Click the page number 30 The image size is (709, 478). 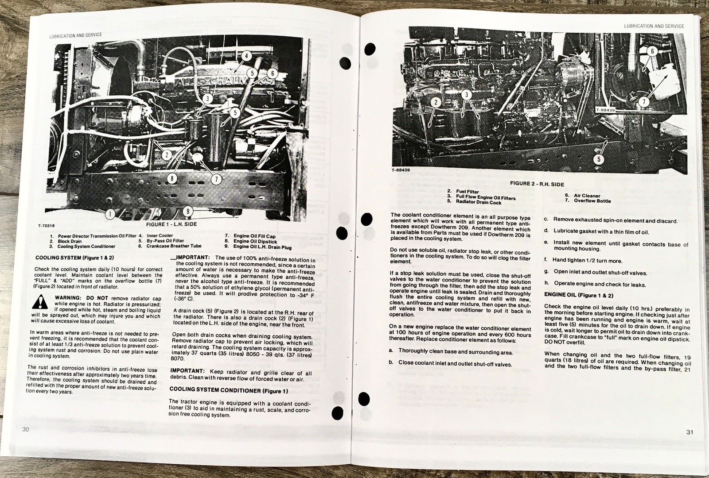click(x=26, y=429)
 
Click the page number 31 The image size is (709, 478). click(x=690, y=432)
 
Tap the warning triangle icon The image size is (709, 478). click(x=40, y=302)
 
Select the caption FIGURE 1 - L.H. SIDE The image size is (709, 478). click(x=171, y=224)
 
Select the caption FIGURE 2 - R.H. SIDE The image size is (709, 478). click(x=537, y=184)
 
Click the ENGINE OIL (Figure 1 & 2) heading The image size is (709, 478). click(x=579, y=295)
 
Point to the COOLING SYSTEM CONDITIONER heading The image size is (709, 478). click(x=229, y=390)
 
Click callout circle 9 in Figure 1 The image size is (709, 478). click(x=188, y=211)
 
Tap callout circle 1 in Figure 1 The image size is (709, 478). click(x=109, y=214)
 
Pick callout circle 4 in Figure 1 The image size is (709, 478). click(x=246, y=56)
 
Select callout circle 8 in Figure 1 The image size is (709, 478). click(x=172, y=179)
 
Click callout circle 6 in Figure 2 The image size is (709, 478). click(x=652, y=51)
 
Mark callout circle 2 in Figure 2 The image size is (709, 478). click(x=436, y=102)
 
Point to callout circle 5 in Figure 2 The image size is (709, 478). click(x=599, y=159)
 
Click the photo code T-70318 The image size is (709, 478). click(x=46, y=226)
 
